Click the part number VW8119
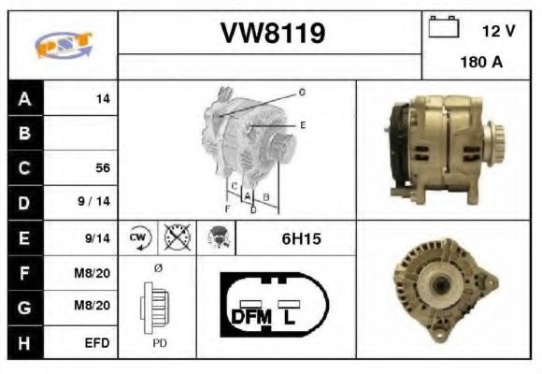point(272,33)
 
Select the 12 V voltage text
point(498,31)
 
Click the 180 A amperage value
point(481,65)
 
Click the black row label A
point(24,98)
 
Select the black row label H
point(24,342)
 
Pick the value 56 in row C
point(103,168)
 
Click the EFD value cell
point(97,343)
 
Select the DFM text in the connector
point(250,316)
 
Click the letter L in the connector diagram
point(291,316)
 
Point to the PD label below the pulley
point(160,343)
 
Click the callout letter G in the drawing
point(302,93)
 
